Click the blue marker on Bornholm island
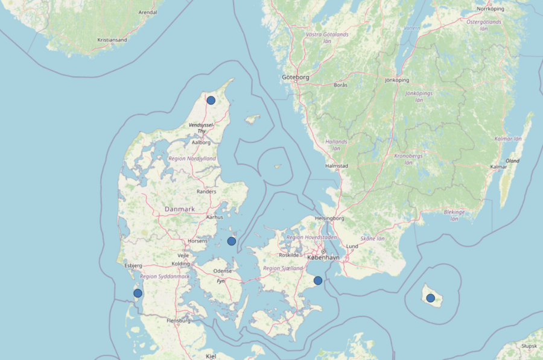pyautogui.click(x=430, y=298)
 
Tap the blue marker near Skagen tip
pyautogui.click(x=211, y=100)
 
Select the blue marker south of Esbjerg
pyautogui.click(x=138, y=293)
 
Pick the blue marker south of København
pyautogui.click(x=318, y=280)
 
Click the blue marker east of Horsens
pyautogui.click(x=232, y=241)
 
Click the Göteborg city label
pyautogui.click(x=296, y=78)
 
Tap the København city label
pyautogui.click(x=323, y=257)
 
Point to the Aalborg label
pyautogui.click(x=201, y=143)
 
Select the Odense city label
pyautogui.click(x=223, y=271)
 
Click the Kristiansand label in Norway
pyautogui.click(x=112, y=40)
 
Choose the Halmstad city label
pyautogui.click(x=337, y=166)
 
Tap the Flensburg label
pyautogui.click(x=178, y=321)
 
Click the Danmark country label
pyautogui.click(x=180, y=209)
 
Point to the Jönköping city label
pyautogui.click(x=397, y=80)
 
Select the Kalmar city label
pyautogui.click(x=498, y=167)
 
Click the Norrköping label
pyautogui.click(x=490, y=9)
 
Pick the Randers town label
pyautogui.click(x=207, y=192)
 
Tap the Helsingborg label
pyautogui.click(x=329, y=218)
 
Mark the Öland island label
pyautogui.click(x=512, y=161)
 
